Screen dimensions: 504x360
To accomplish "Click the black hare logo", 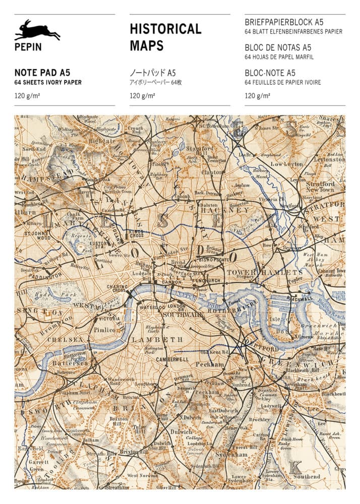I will click(37, 31).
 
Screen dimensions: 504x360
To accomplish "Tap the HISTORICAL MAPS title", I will click(165, 37).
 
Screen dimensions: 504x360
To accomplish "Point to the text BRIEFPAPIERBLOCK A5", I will click(284, 22).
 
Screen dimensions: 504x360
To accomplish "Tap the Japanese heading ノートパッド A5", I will click(152, 72).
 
